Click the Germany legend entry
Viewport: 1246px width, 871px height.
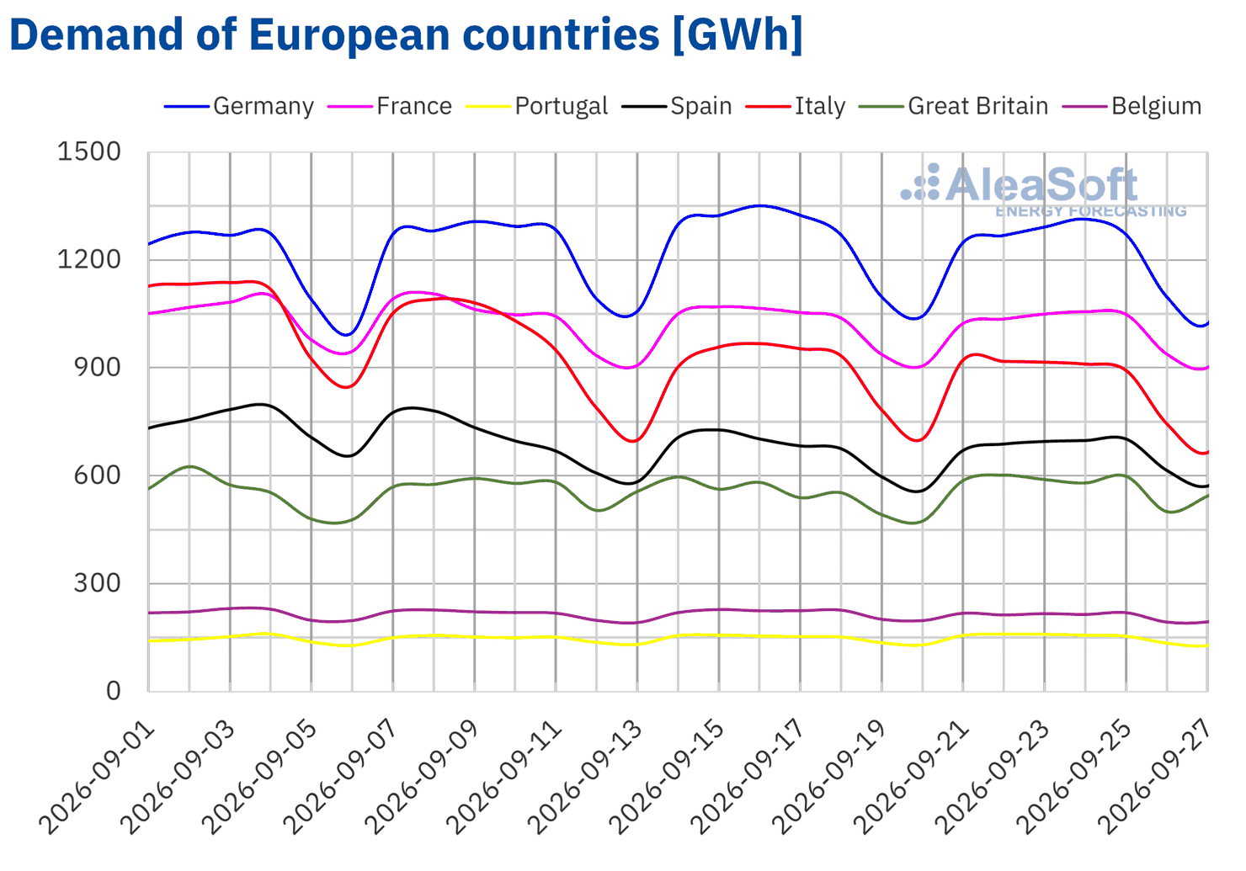click(239, 106)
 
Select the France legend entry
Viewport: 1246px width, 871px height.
click(390, 106)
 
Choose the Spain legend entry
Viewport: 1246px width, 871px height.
click(677, 106)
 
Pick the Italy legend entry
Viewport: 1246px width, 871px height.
click(796, 106)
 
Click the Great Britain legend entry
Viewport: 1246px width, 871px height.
click(953, 106)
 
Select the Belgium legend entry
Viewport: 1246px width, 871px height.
click(1132, 106)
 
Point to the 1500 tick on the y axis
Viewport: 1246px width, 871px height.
click(89, 151)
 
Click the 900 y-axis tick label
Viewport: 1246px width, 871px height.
click(98, 367)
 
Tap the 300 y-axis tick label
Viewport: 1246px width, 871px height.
click(98, 583)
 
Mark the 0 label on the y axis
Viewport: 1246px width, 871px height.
click(114, 691)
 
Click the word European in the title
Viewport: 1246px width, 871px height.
click(349, 35)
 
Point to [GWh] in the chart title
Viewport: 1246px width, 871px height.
click(737, 35)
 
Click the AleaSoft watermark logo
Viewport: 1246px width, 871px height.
click(1044, 189)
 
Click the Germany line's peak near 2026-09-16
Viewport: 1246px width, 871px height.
click(761, 206)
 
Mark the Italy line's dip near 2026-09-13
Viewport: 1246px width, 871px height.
click(633, 441)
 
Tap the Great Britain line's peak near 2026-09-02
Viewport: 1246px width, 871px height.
click(190, 467)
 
